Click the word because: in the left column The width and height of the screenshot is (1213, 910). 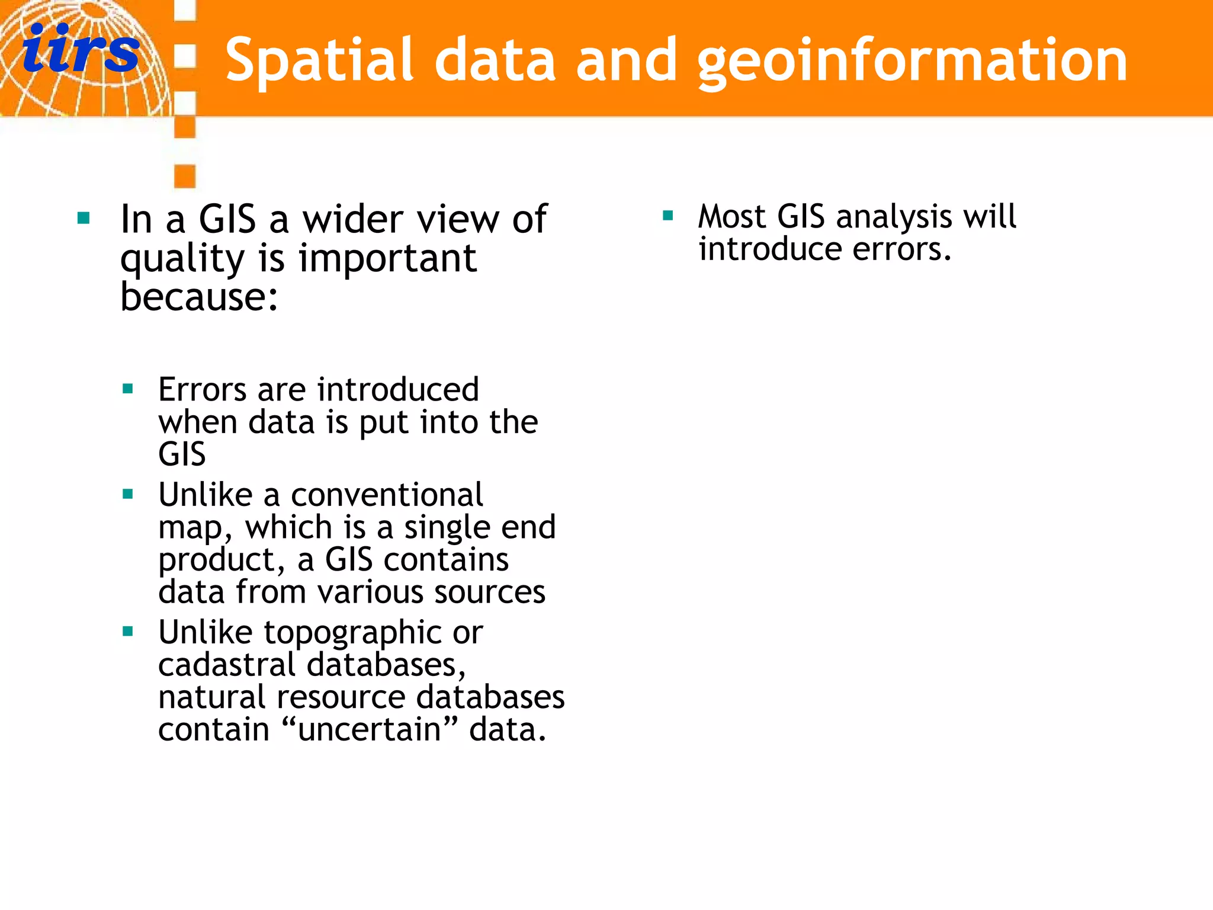coord(199,296)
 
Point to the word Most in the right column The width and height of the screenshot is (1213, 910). coord(732,216)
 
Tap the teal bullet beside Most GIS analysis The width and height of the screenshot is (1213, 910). coord(668,216)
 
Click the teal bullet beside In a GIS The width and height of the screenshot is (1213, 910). coord(84,219)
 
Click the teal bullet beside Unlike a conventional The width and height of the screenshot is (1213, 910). coord(127,494)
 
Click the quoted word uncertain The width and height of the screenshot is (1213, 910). coord(370,729)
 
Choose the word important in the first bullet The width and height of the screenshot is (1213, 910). coord(387,259)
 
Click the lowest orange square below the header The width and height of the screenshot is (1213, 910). coord(185,176)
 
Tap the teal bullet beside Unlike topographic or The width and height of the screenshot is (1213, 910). coord(127,632)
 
